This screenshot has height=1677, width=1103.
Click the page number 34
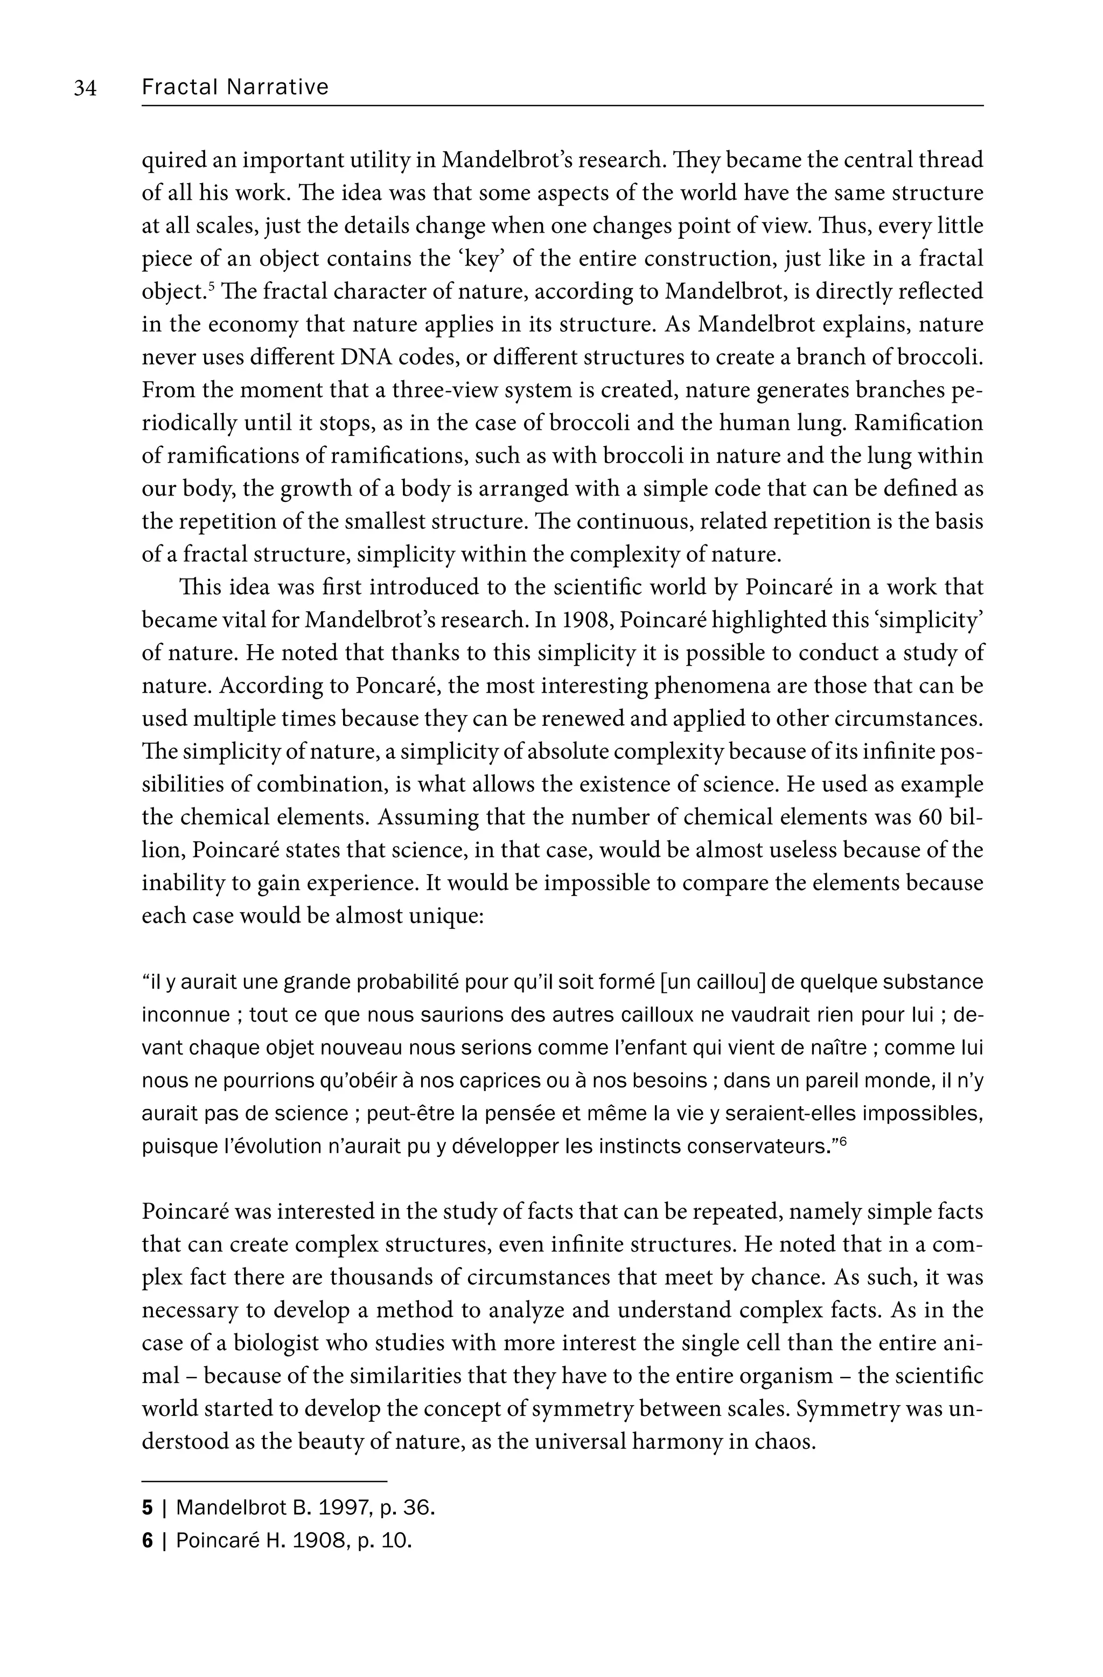pos(85,88)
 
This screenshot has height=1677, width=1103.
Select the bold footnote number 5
pos(148,1508)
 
